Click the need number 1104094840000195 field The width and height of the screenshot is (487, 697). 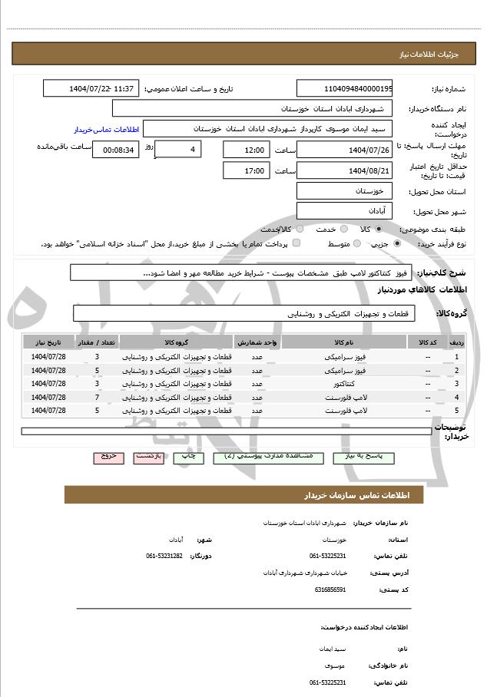coord(344,89)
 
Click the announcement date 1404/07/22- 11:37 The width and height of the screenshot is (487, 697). coord(91,89)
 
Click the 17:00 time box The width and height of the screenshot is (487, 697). coord(246,170)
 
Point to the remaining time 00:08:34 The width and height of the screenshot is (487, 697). coord(115,150)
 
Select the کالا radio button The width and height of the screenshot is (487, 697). coord(379,229)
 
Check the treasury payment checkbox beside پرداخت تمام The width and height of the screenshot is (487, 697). coord(297,243)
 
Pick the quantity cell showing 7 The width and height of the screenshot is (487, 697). coord(97,397)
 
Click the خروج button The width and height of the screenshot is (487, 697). coord(108,457)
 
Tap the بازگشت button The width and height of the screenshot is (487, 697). coord(148,457)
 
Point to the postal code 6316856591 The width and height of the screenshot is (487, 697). coord(330,590)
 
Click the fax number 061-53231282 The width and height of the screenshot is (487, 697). coord(164,555)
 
